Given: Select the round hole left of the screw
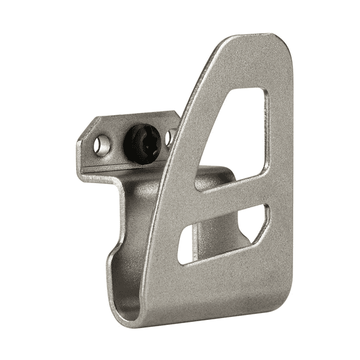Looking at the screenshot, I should [x=102, y=146].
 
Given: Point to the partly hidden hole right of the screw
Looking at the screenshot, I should [x=169, y=138].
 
